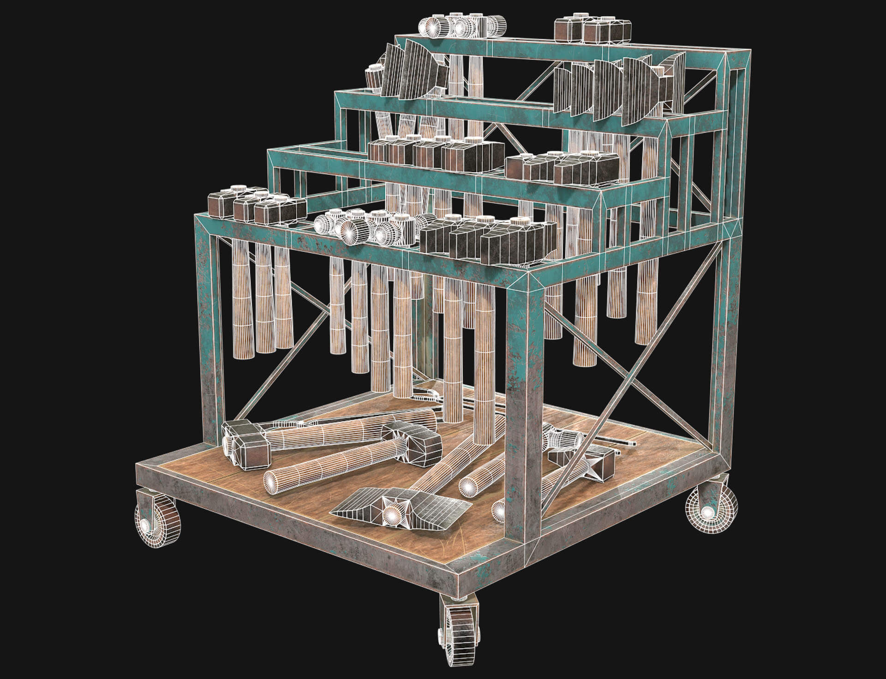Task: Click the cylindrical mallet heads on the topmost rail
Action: [x=461, y=27]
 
